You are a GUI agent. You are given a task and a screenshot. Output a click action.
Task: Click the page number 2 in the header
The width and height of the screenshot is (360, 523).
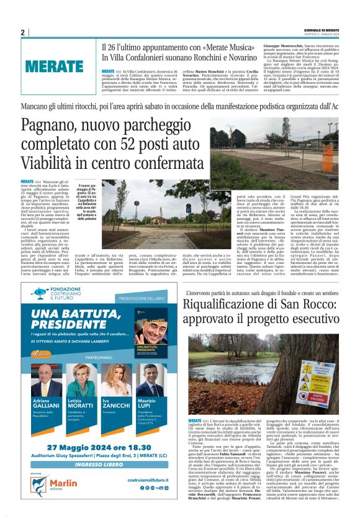22,32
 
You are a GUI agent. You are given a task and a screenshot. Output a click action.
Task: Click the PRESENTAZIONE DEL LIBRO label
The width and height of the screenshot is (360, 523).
143,298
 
